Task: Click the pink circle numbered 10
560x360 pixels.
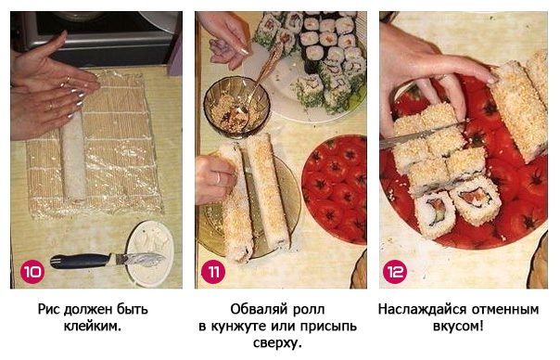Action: click(x=32, y=272)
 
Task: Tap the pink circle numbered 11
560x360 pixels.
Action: click(x=213, y=272)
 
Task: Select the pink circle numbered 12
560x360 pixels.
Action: click(x=395, y=272)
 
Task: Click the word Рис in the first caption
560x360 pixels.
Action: click(x=49, y=309)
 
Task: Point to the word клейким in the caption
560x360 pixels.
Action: click(x=93, y=326)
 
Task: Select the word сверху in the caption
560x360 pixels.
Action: click(x=277, y=343)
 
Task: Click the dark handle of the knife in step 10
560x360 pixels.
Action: click(x=81, y=261)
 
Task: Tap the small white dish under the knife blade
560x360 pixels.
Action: click(x=150, y=253)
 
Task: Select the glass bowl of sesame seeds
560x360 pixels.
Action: click(x=236, y=107)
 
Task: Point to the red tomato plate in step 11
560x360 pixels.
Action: click(x=335, y=189)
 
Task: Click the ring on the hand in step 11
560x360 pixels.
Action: click(x=219, y=177)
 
